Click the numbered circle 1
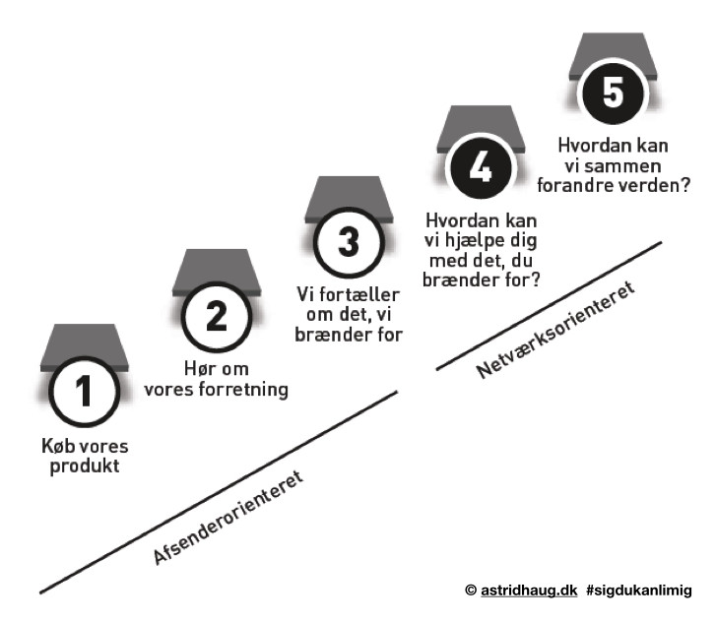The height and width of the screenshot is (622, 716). coord(85,392)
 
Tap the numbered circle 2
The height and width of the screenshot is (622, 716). coord(217,317)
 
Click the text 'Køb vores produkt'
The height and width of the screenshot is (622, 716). coord(87,456)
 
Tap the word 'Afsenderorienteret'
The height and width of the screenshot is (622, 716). coord(228,518)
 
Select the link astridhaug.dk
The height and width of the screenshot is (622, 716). coord(526,590)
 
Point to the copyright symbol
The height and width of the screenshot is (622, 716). coord(470,590)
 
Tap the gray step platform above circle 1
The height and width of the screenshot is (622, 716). coord(85,346)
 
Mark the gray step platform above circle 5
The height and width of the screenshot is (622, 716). coord(613,53)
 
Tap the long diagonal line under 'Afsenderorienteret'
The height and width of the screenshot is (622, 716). coord(217,493)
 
